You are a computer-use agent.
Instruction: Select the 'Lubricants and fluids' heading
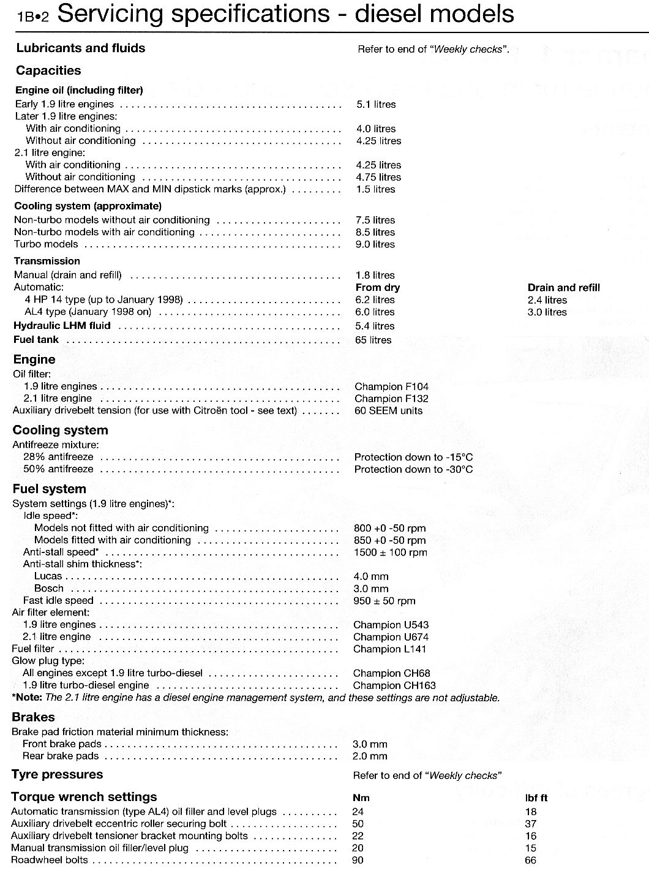click(x=81, y=48)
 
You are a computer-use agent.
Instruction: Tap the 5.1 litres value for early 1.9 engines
click(x=376, y=105)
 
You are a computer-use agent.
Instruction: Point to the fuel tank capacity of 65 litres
click(x=373, y=340)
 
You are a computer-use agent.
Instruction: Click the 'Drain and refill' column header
click(x=563, y=288)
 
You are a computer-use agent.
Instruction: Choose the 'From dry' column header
click(x=378, y=288)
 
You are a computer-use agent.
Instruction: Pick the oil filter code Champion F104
click(x=391, y=386)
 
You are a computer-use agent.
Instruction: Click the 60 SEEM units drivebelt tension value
click(x=388, y=411)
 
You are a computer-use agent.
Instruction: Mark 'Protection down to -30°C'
click(x=413, y=470)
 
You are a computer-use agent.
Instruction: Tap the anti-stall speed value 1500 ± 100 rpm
click(x=390, y=552)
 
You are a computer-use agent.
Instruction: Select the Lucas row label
click(x=48, y=576)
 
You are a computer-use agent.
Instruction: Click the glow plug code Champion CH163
click(x=394, y=685)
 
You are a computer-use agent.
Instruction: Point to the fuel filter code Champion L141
click(x=389, y=649)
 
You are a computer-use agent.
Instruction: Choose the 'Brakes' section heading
click(x=33, y=717)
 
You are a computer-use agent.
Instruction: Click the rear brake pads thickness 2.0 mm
click(x=370, y=756)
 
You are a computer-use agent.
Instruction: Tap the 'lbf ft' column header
click(x=536, y=798)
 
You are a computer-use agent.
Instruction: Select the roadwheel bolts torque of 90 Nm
click(x=358, y=860)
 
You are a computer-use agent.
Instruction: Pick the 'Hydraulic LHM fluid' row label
click(x=62, y=326)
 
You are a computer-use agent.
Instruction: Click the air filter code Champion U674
click(x=391, y=637)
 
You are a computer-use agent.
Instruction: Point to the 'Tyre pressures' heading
click(x=57, y=775)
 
